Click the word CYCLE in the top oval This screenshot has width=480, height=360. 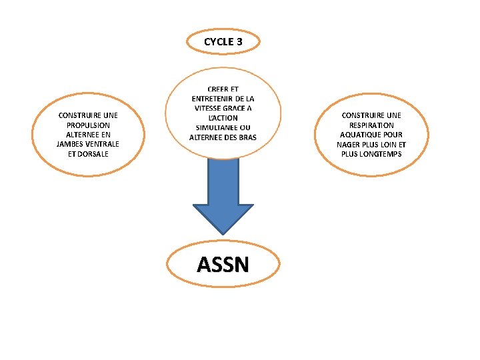(217, 41)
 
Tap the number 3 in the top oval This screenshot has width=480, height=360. (238, 41)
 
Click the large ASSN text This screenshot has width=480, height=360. (223, 265)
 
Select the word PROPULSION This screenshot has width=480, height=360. (89, 125)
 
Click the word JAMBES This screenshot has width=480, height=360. (70, 144)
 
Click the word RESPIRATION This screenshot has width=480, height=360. (371, 125)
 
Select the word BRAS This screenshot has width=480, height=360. (247, 137)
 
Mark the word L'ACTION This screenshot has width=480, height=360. (223, 118)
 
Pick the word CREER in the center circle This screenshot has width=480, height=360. (217, 89)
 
